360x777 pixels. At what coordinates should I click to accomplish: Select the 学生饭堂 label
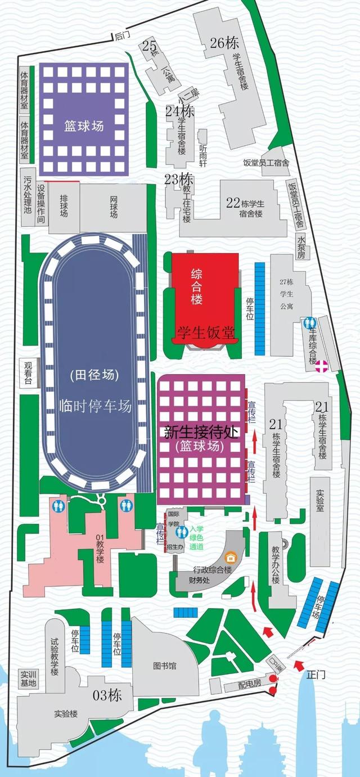click(205, 333)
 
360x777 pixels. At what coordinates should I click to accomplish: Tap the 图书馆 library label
click(165, 666)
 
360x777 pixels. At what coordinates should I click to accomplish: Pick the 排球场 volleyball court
click(64, 207)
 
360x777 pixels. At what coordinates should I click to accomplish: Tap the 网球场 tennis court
click(114, 207)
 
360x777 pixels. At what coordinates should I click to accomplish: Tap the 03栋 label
click(107, 695)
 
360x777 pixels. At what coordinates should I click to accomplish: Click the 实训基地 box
click(28, 679)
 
